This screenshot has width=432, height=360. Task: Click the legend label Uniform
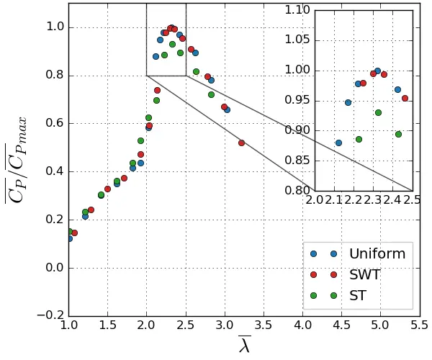[x=377, y=253]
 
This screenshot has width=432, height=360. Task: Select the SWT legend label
[x=365, y=274]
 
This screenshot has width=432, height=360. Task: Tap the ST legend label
[x=359, y=294]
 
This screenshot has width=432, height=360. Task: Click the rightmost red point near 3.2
[x=241, y=143]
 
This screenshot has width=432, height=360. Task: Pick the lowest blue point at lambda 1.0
[x=69, y=238]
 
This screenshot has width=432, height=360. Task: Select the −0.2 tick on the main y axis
[x=68, y=315]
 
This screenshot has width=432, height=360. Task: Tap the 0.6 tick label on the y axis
[x=55, y=123]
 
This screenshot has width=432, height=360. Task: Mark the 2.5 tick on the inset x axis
[x=413, y=191]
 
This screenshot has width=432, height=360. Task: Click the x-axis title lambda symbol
[x=244, y=346]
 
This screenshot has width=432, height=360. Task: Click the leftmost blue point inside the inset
[x=338, y=143]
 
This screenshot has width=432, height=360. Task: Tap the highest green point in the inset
[x=378, y=112]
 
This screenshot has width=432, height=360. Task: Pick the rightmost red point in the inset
[x=405, y=98]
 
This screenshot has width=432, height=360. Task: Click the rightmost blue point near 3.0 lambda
[x=227, y=109]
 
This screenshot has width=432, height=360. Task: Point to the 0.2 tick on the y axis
[x=68, y=219]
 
